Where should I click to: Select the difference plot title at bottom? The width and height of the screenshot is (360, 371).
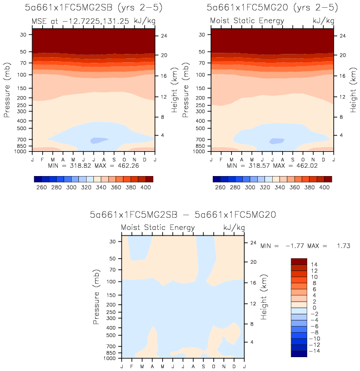click(183, 214)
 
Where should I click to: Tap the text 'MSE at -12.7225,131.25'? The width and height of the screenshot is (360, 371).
click(71, 21)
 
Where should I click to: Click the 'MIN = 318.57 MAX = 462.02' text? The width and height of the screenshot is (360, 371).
click(271, 166)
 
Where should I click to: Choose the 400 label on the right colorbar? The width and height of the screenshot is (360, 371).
click(323, 188)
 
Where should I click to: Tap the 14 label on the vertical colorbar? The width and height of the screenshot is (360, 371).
click(314, 264)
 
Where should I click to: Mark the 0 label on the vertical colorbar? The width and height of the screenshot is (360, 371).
click(314, 308)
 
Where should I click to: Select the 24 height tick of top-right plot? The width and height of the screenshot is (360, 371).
click(342, 36)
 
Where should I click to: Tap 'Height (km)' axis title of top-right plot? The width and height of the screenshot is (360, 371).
click(352, 90)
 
